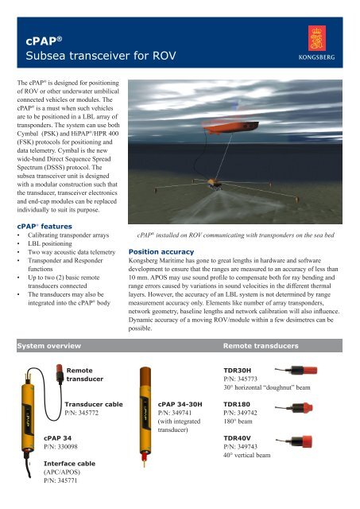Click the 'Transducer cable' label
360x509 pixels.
click(x=94, y=403)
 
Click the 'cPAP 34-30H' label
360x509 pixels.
click(x=181, y=403)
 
